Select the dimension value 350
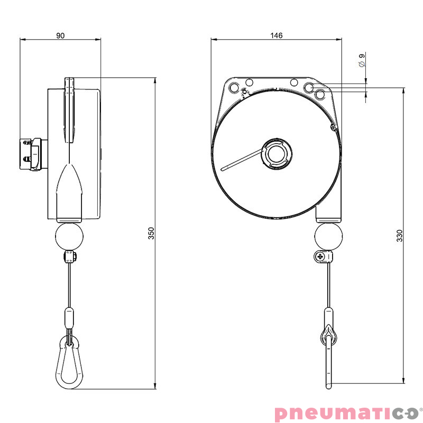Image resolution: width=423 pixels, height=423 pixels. click(151, 233)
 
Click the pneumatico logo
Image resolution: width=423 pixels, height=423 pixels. click(346, 412)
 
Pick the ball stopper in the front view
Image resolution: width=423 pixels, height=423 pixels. click(328, 235)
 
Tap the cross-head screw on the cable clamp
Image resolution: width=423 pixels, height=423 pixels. click(319, 257)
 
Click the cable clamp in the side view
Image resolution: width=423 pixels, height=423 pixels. click(69, 258)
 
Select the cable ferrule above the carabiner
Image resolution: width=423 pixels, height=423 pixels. click(69, 318)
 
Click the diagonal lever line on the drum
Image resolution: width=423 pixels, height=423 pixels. click(243, 160)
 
